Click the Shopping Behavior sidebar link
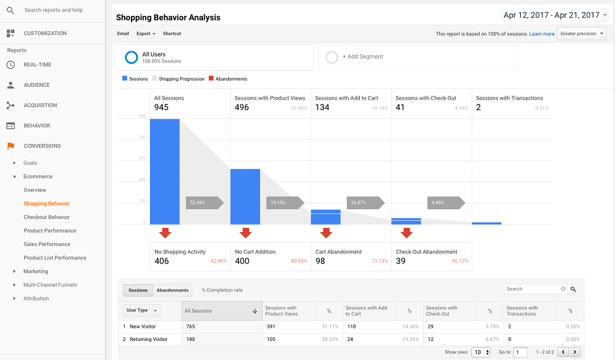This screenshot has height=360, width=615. [x=47, y=204]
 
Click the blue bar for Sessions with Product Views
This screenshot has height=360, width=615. [x=245, y=196]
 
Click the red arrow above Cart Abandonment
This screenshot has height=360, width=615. [x=326, y=233]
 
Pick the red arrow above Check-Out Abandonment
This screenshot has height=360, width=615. [x=406, y=233]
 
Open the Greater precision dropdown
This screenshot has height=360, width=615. [x=581, y=34]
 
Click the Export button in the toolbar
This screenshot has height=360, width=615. [x=146, y=34]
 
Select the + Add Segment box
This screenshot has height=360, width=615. [x=418, y=57]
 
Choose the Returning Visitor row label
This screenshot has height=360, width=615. [x=148, y=339]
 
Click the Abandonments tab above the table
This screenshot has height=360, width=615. [x=172, y=290]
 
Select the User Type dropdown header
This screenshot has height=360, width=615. [x=142, y=311]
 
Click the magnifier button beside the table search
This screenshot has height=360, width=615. [x=573, y=289]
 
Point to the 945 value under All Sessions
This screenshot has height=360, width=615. [x=161, y=107]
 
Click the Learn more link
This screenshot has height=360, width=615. [x=542, y=34]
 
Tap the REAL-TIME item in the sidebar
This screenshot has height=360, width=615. [x=38, y=65]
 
